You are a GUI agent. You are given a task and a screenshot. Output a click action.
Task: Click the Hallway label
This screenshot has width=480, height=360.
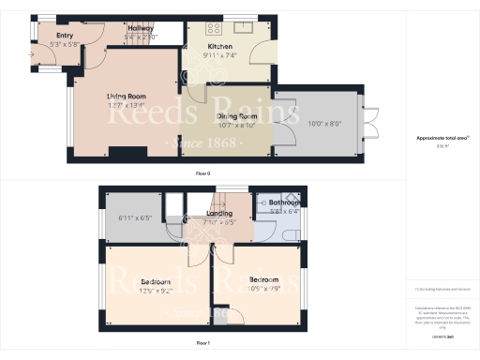[x=141, y=29]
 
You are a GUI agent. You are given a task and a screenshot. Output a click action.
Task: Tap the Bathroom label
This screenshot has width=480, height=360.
[x=285, y=202]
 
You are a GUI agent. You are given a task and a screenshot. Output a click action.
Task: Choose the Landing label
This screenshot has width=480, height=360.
[x=218, y=215]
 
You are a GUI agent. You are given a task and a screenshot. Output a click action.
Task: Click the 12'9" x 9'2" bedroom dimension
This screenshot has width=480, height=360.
[x=156, y=291]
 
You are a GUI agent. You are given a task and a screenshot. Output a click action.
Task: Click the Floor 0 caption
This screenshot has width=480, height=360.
[x=202, y=174]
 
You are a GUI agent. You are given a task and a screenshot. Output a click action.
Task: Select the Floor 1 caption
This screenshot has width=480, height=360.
[x=202, y=344]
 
